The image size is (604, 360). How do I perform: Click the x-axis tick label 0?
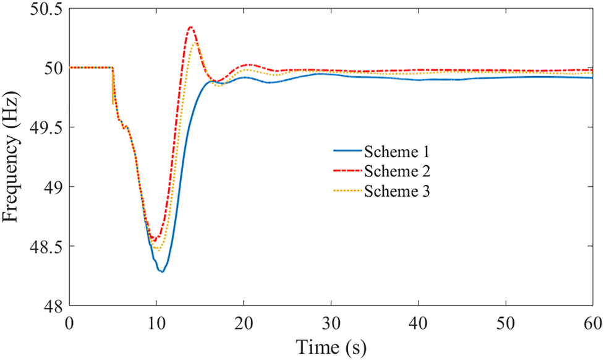pyautogui.click(x=69, y=322)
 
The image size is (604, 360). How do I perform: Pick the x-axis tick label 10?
pyautogui.click(x=156, y=322)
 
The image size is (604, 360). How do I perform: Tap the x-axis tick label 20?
pyautogui.click(x=244, y=322)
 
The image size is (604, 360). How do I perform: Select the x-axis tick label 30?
pyautogui.click(x=331, y=322)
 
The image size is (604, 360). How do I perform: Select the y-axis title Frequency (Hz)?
pyautogui.click(x=14, y=158)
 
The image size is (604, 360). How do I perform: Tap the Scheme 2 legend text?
pyautogui.click(x=396, y=171)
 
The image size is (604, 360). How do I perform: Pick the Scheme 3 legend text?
pyautogui.click(x=396, y=191)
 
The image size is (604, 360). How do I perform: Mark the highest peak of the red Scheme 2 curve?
pyautogui.click(x=190, y=27)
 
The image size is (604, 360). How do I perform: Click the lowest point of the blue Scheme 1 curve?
pyautogui.click(x=161, y=272)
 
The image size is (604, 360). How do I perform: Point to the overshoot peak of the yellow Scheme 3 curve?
pyautogui.click(x=195, y=43)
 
